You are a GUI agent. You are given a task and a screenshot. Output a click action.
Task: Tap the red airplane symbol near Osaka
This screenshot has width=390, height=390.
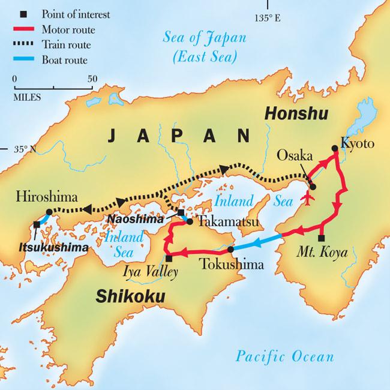pos(310,197)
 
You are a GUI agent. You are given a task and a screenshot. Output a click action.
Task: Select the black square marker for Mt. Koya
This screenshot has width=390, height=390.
pos(322,238)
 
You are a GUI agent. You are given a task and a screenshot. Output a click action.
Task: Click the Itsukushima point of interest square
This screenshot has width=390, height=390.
pos(37,224)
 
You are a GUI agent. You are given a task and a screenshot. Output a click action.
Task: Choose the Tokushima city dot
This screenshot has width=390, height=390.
pos(231,249)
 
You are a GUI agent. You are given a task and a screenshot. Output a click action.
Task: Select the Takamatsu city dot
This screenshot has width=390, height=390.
pos(190,221)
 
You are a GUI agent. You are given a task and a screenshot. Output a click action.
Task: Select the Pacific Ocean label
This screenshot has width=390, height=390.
pos(284,357)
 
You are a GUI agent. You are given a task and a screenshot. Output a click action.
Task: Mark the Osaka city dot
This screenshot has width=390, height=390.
pos(313,187)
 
